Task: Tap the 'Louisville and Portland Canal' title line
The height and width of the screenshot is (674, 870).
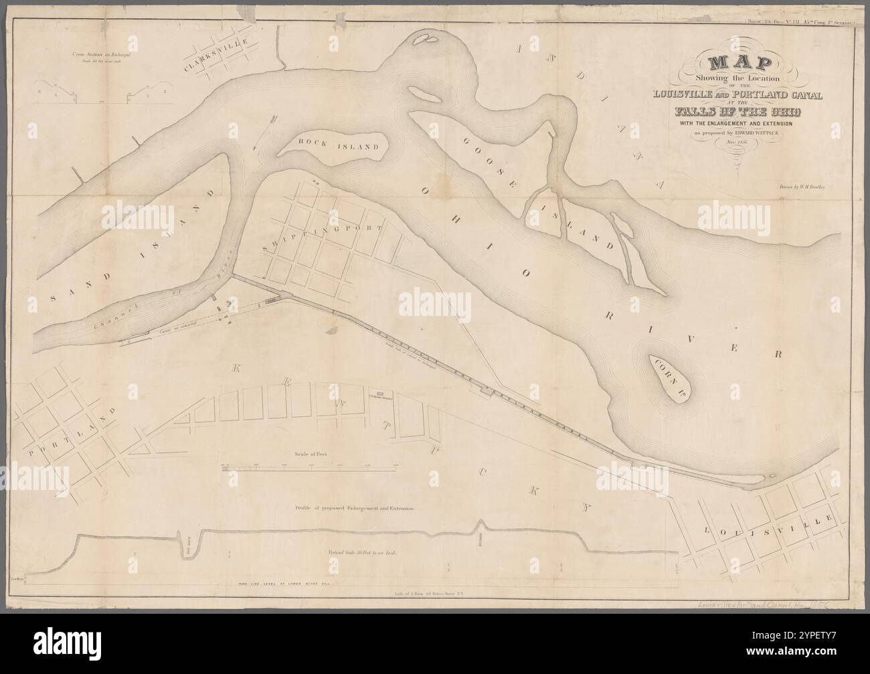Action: point(738,93)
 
